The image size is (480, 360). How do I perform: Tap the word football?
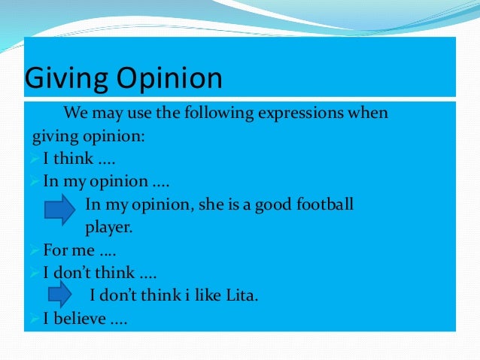[325, 204]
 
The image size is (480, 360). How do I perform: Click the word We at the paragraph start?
[75, 114]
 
